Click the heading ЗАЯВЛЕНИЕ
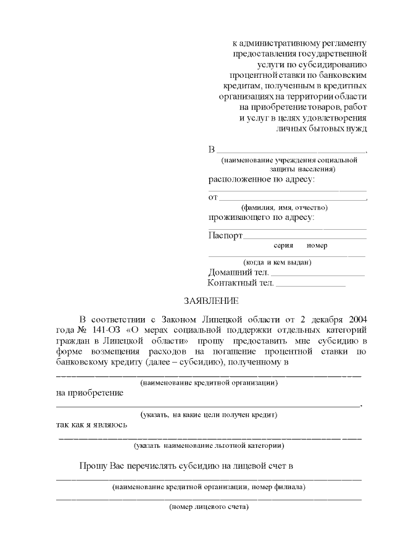pos(210,301)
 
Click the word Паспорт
pos(225,235)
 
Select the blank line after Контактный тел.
pos(310,285)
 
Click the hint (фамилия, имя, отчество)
pos(284,208)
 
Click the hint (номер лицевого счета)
pos(209,507)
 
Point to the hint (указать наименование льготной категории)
pos(209,445)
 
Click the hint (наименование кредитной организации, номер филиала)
pos(209,487)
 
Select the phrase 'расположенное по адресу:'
pos(261,179)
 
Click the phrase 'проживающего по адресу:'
pos(261,217)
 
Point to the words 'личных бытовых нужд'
pos(322,128)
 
